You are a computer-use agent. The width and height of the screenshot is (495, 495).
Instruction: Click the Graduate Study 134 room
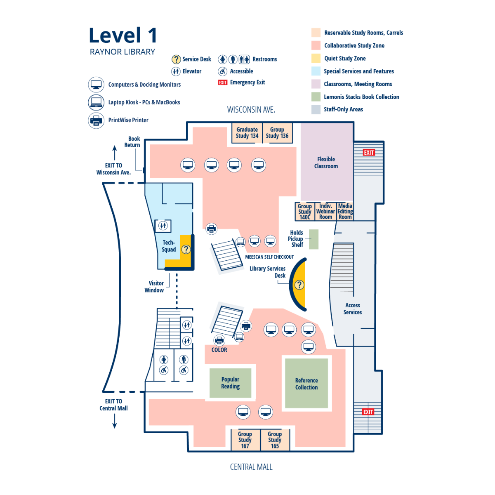[x=247, y=133]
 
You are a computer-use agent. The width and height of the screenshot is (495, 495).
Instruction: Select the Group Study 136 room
[x=277, y=133]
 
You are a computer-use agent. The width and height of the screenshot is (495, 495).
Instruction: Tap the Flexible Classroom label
[x=326, y=163]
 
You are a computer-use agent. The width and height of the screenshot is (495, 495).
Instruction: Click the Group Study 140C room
[x=305, y=212]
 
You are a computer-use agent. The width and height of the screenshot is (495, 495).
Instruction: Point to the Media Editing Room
[x=345, y=211]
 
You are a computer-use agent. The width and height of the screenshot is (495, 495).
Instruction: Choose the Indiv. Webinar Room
[x=325, y=211]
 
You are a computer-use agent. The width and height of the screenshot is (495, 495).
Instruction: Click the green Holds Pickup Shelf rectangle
[x=314, y=239]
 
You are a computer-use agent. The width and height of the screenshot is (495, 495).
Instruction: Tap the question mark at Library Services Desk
[x=299, y=285]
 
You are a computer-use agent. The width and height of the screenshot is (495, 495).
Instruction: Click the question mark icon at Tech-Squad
[x=186, y=249]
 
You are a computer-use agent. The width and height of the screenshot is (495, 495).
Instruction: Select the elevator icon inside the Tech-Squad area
[x=163, y=226]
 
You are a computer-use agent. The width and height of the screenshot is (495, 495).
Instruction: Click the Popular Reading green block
[x=230, y=383]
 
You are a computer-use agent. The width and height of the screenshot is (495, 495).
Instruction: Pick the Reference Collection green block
[x=306, y=384]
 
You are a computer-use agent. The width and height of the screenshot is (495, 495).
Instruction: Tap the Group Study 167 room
[x=245, y=440]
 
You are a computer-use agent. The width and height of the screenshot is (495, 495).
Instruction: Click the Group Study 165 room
[x=275, y=440]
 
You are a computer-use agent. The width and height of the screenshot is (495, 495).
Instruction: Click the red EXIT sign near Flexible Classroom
[x=369, y=153]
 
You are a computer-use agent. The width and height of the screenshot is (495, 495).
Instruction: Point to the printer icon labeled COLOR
[x=219, y=340]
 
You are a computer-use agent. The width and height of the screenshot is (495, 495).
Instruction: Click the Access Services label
[x=353, y=309]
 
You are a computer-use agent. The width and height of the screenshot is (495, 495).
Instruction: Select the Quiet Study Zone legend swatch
[x=316, y=59]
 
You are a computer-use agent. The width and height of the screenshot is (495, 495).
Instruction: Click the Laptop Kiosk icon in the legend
[x=96, y=102]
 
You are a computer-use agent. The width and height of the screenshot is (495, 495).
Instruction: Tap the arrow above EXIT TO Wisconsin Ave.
[x=115, y=153]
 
